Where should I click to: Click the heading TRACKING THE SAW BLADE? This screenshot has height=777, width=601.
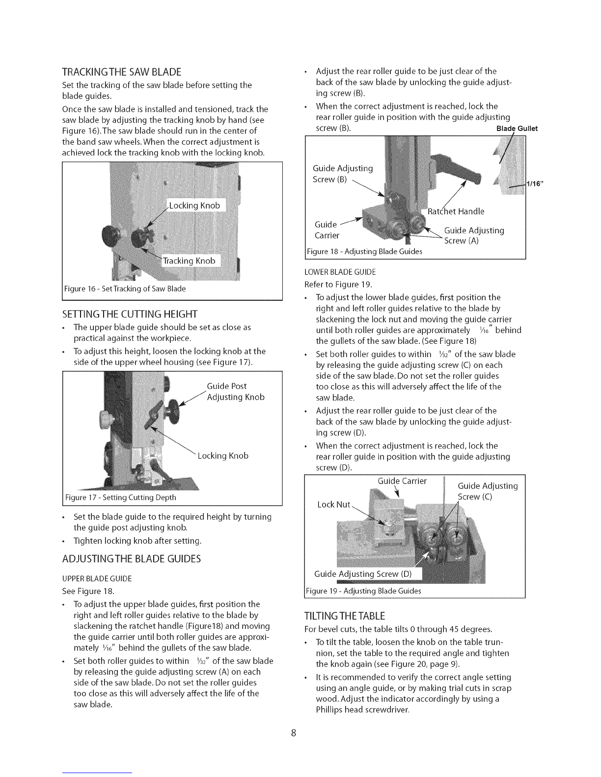122,72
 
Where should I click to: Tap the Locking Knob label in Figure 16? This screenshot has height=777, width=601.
194,205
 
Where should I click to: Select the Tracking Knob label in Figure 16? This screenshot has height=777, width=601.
189,260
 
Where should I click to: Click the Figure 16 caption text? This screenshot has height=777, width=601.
125,288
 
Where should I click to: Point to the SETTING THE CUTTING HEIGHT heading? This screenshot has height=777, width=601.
130,314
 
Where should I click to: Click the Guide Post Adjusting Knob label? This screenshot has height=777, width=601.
236,391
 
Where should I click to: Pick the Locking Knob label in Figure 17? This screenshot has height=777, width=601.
223,456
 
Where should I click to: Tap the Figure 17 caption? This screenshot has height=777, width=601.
121,497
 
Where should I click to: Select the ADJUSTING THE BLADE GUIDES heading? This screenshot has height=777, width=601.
132,559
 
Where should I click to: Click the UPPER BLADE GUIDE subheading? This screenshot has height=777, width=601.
97,578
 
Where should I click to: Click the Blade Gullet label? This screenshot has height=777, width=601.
517,129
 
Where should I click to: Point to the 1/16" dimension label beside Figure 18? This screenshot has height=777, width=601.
535,184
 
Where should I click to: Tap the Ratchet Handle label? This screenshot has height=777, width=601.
456,211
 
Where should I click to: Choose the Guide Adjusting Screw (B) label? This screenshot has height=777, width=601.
343,174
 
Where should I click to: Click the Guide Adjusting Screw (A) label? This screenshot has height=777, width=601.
474,235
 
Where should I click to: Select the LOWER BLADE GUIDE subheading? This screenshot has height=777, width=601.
340,272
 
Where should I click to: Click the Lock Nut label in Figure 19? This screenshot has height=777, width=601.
333,505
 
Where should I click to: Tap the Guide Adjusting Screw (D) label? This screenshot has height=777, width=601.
362,574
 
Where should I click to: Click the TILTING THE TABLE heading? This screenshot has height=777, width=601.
344,616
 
